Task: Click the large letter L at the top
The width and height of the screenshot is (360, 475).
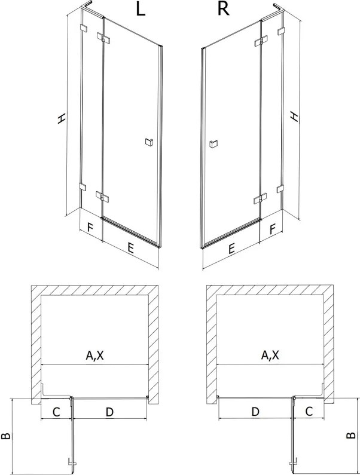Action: [141, 10]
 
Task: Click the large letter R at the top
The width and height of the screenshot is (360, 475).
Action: [223, 10]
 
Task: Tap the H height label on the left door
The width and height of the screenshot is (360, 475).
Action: [61, 118]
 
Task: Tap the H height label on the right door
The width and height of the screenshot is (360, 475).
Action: [294, 117]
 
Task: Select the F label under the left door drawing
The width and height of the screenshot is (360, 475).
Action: [90, 227]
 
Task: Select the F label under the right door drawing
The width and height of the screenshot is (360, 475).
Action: [273, 229]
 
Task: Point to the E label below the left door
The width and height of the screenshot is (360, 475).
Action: [130, 249]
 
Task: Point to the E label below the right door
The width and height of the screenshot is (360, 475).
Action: [231, 249]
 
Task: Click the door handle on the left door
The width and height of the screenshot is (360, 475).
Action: [149, 142]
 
